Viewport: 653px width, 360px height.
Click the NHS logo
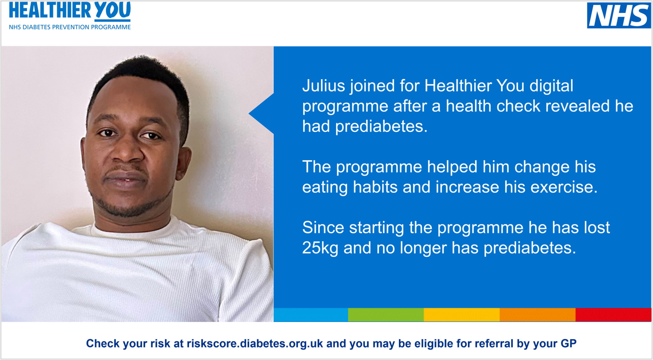point(619,15)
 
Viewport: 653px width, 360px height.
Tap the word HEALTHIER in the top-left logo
point(49,10)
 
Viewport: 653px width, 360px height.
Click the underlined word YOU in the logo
point(112,11)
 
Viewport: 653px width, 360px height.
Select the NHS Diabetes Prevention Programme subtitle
point(70,27)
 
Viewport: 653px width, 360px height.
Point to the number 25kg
point(320,248)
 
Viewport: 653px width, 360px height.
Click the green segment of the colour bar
point(386,315)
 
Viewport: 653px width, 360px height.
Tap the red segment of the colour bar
point(613,315)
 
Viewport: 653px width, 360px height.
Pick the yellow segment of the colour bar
point(461,315)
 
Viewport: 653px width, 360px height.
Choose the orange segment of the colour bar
point(537,315)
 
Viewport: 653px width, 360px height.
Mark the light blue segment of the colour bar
point(311,315)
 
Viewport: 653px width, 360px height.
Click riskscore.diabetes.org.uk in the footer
point(255,344)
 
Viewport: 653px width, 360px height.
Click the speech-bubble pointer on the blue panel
point(262,113)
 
